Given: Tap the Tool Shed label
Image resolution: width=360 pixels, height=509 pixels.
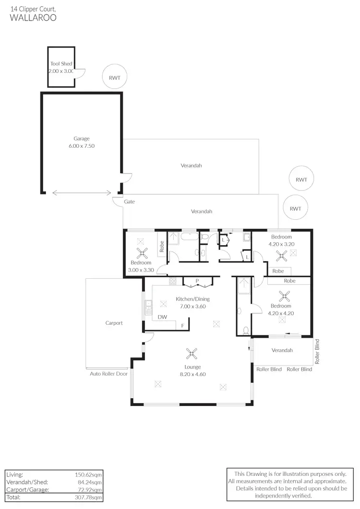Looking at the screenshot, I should (61, 64).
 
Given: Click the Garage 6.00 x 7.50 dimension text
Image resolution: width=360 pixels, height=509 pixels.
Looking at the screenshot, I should (81, 146).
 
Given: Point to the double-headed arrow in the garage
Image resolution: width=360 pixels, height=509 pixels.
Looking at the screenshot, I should (82, 193).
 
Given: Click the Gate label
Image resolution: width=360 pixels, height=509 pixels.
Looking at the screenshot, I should (130, 202).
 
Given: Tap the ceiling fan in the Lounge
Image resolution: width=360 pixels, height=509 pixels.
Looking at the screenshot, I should (192, 355).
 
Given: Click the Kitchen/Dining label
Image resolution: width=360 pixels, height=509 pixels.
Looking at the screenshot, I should (192, 299).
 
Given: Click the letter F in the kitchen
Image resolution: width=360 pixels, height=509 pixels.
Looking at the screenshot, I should (182, 326).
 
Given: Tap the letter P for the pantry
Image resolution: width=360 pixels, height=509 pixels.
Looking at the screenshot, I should (197, 281).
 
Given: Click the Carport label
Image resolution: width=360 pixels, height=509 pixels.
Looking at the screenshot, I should (114, 323).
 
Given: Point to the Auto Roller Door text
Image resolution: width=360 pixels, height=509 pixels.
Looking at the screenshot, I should (109, 373).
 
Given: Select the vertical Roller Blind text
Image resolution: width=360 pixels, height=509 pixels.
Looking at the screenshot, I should (317, 351).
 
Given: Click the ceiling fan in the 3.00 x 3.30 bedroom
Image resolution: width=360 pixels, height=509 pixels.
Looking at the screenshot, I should (141, 253).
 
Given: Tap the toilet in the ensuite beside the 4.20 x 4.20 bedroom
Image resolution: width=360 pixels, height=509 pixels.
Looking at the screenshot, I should (246, 330).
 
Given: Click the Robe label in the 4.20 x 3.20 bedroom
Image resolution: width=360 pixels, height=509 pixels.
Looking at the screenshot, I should (278, 271).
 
